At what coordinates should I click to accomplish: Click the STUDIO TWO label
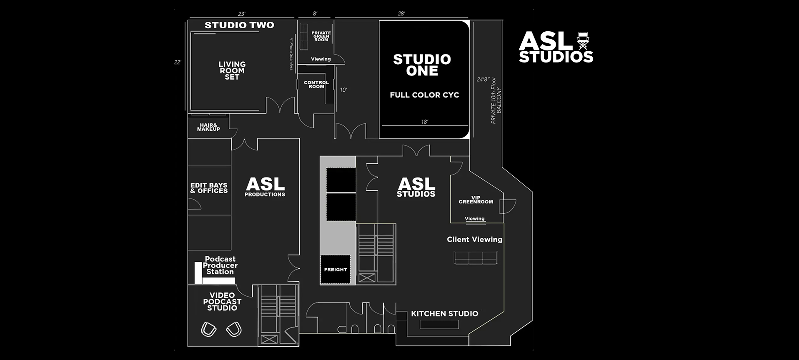pos(239,25)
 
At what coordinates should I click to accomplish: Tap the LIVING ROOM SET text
pos(232,70)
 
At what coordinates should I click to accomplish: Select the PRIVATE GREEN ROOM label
pos(321,36)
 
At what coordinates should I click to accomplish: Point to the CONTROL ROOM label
pos(316,85)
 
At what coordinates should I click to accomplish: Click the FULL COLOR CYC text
pos(424,95)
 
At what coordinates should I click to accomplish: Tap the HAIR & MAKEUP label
pos(208,127)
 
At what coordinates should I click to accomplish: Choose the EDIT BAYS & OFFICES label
pos(209,188)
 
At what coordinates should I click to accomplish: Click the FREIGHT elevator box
pos(336,270)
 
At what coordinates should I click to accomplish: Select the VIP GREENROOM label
pos(476,200)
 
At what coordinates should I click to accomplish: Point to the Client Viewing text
pos(474,240)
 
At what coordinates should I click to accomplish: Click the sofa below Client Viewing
pos(476,258)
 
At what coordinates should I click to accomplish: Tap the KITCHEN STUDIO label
pos(444,314)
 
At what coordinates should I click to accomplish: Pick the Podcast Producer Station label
pos(220,265)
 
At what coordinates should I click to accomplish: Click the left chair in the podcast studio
pos(208,330)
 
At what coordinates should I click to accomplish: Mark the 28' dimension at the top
pos(401,14)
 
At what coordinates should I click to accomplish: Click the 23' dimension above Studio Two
pos(242,14)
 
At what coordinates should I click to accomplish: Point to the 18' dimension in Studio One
pos(424,122)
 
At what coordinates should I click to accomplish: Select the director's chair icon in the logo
pos(583,42)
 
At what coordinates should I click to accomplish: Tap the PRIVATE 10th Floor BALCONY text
pos(496,100)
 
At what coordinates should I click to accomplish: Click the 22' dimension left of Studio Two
pos(178,62)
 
